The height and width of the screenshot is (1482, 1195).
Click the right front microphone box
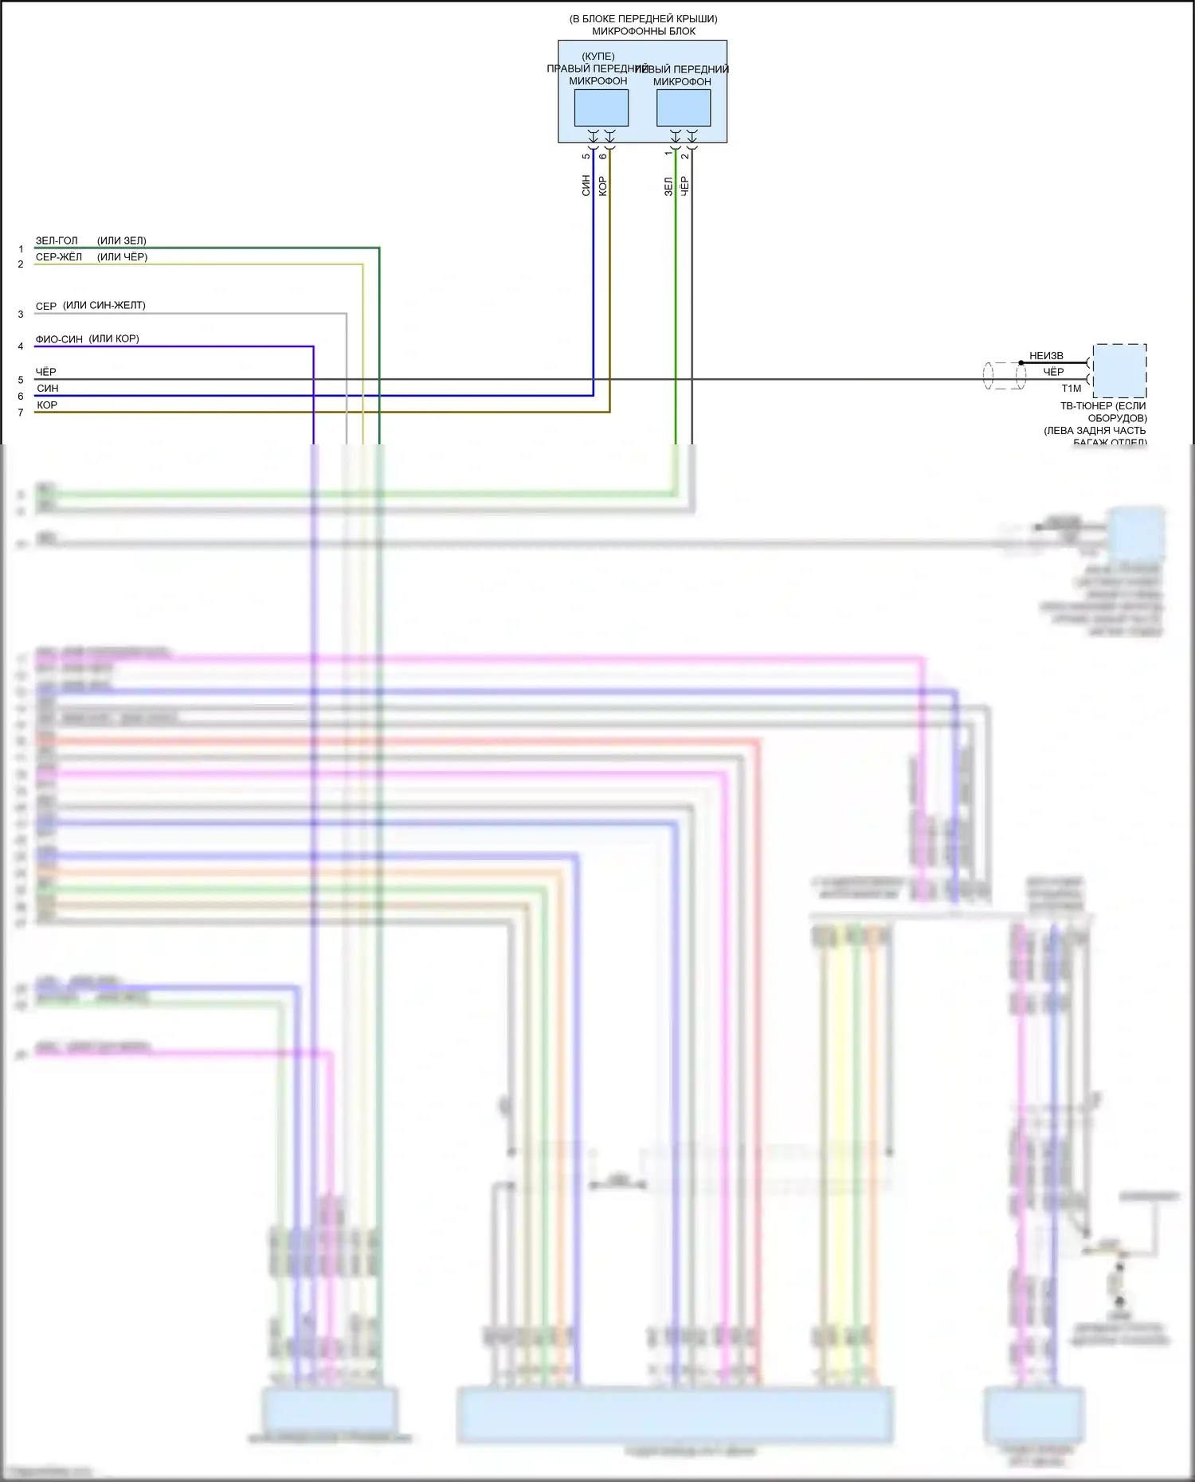coord(601,108)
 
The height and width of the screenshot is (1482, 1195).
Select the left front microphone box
coord(684,108)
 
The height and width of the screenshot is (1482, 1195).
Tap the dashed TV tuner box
coord(1119,371)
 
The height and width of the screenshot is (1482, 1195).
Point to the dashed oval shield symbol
coord(1005,376)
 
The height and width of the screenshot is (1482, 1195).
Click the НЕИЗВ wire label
coord(1046,356)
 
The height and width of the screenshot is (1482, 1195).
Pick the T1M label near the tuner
coord(1071,389)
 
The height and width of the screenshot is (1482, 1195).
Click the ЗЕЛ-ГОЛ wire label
coord(57,240)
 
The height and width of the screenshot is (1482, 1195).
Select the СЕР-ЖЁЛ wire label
coord(59,257)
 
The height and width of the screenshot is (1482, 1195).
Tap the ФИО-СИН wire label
coord(59,339)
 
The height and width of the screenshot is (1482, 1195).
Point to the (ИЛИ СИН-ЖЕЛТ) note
coord(104,306)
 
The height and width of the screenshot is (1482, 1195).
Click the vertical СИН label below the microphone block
coord(586,186)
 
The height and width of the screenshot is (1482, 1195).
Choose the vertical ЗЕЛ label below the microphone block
coord(668,186)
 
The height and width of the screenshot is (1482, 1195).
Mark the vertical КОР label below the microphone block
coord(602,186)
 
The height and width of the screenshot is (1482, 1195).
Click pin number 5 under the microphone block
coord(586,156)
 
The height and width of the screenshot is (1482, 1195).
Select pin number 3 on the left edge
coord(21,315)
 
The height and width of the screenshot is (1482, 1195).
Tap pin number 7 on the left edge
coord(21,413)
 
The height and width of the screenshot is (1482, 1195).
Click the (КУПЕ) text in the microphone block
coord(598,57)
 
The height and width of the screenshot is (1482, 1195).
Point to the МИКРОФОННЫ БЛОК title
coord(644,31)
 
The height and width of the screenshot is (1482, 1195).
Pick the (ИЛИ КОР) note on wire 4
coord(114,338)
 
